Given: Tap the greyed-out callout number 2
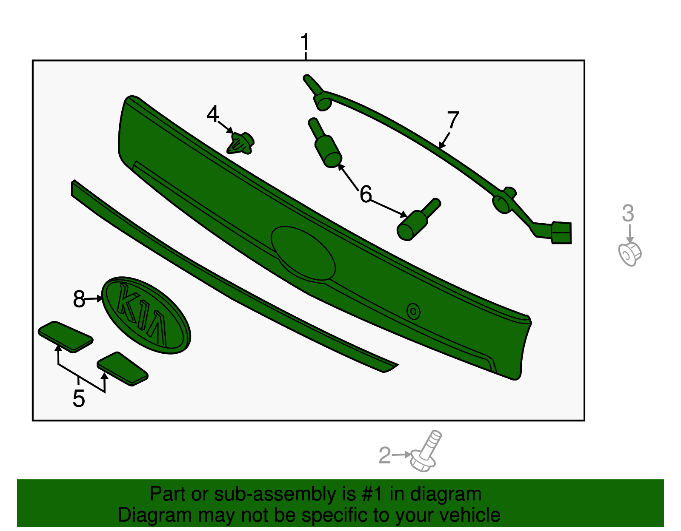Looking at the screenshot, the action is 385,455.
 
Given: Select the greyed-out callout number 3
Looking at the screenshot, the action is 628,213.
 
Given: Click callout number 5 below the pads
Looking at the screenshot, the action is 79,399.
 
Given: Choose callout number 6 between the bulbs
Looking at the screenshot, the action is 366,194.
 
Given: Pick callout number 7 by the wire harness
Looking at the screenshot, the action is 453,119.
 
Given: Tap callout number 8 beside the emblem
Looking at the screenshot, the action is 79,299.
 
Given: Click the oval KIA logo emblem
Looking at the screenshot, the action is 146,315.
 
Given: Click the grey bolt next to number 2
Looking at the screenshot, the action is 426,451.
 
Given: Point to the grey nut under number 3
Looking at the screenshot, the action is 629,254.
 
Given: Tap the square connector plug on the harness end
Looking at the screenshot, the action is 561,233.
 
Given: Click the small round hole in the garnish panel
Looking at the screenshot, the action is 413,311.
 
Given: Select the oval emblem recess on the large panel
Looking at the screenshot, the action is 303,253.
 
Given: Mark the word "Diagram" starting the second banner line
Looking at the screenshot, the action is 155,515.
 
